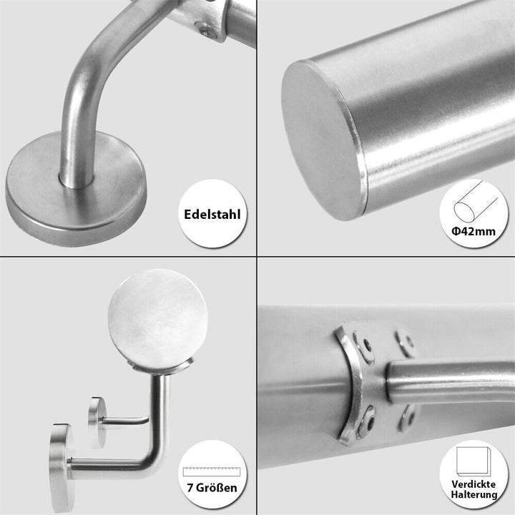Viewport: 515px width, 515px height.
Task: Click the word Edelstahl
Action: pyautogui.click(x=212, y=214)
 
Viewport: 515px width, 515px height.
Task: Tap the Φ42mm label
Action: pyautogui.click(x=474, y=232)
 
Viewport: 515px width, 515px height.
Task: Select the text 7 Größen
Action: pyautogui.click(x=212, y=488)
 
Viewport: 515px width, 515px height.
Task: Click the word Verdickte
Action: pyautogui.click(x=474, y=484)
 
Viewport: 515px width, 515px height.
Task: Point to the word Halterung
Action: pyautogui.click(x=474, y=495)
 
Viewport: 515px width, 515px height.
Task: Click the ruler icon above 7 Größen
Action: pyautogui.click(x=212, y=471)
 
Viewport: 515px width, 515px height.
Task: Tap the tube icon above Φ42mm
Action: pyautogui.click(x=476, y=201)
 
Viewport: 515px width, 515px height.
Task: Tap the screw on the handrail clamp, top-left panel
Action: pyautogui.click(x=207, y=31)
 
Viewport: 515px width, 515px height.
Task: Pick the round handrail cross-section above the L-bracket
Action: pyautogui.click(x=157, y=318)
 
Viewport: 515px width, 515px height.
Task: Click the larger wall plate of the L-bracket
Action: pyautogui.click(x=62, y=468)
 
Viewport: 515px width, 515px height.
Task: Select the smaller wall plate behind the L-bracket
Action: pyautogui.click(x=97, y=423)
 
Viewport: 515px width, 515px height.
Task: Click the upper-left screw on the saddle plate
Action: pyautogui.click(x=364, y=347)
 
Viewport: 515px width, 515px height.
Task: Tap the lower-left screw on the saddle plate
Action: pyautogui.click(x=366, y=422)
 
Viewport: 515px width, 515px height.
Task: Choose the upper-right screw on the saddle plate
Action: pyautogui.click(x=405, y=343)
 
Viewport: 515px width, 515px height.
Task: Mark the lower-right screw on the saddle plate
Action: pyautogui.click(x=407, y=418)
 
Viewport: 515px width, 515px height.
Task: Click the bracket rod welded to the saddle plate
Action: pyautogui.click(x=450, y=381)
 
